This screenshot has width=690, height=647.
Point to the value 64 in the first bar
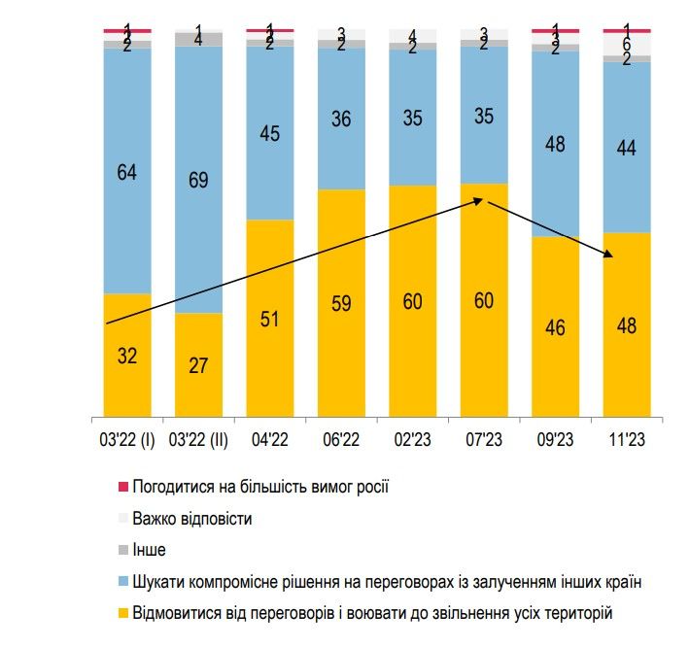click(x=127, y=173)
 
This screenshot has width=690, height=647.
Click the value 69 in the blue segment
click(x=198, y=180)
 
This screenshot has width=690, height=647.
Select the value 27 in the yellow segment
click(x=198, y=365)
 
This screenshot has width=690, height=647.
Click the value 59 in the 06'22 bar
click(x=341, y=302)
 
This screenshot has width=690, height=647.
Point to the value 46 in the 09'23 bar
click(x=555, y=327)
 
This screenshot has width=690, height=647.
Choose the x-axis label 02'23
click(x=412, y=439)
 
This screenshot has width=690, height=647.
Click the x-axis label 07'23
click(x=484, y=439)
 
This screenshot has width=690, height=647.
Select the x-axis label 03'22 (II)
click(x=198, y=439)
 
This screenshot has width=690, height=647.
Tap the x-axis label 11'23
click(x=627, y=439)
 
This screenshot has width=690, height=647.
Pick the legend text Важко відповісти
click(x=192, y=518)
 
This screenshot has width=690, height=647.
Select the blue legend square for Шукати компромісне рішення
click(x=122, y=581)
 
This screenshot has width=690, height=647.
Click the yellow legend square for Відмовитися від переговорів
click(x=122, y=612)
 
